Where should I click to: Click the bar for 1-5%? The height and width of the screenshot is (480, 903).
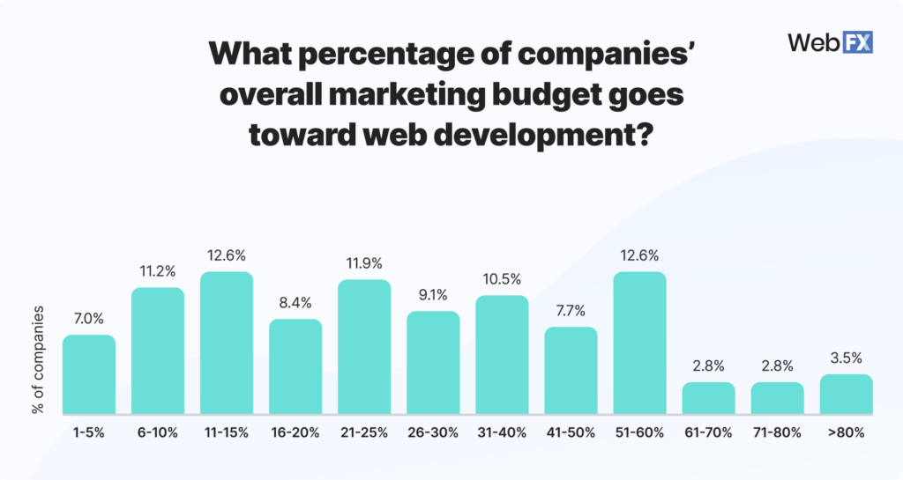pos(89,374)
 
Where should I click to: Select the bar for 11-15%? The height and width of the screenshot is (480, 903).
pos(227,343)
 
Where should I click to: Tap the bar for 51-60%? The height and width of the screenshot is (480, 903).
pos(639,343)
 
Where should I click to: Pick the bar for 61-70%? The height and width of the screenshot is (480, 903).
pos(708,398)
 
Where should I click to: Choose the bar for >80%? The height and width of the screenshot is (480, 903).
pos(846,395)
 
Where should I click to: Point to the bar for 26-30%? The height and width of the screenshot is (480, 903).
pos(433,363)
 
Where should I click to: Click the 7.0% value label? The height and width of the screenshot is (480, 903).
pos(89,319)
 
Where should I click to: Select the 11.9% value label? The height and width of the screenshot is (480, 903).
pos(364,263)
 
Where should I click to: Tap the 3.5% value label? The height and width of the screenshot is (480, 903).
pos(846,358)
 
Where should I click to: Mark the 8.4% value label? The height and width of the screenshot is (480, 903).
pos(295,303)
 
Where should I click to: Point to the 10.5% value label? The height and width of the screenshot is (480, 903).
pos(502,279)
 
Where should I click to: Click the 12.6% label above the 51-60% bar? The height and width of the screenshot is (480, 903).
pos(639,255)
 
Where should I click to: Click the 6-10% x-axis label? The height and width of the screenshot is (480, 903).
pos(158,432)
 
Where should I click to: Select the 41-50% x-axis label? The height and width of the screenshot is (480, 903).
pos(571,432)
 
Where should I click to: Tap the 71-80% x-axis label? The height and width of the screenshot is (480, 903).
pos(777,432)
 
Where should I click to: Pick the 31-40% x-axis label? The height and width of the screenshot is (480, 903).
pos(502,432)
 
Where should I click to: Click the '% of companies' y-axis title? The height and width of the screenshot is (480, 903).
pos(37,360)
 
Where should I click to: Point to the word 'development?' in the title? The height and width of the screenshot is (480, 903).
pos(548,137)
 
